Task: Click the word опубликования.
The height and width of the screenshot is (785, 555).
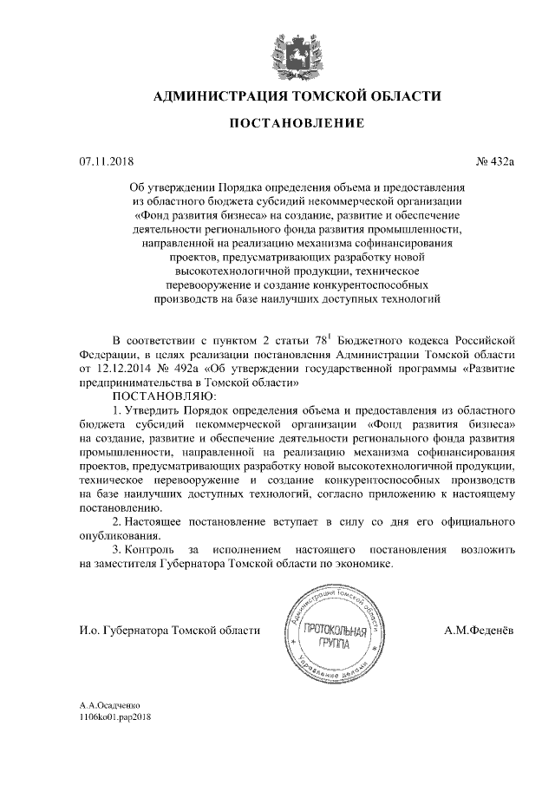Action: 117,536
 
